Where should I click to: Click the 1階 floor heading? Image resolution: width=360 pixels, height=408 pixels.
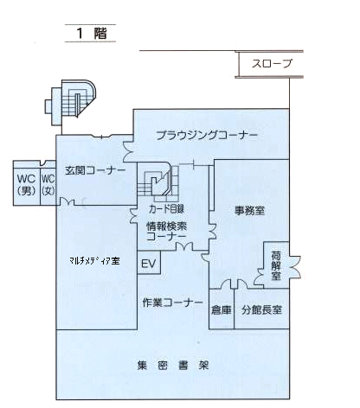[x=92, y=33]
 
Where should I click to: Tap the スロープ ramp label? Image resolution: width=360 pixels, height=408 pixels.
[x=272, y=64]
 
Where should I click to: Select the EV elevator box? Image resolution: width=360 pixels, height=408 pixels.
[x=149, y=262]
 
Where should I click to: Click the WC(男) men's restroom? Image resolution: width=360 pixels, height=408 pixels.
[x=27, y=183]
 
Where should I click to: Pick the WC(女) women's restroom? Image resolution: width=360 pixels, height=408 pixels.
[x=48, y=183]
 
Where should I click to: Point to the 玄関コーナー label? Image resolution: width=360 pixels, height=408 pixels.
[x=95, y=171]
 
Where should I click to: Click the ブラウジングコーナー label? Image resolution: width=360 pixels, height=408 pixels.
[x=207, y=135]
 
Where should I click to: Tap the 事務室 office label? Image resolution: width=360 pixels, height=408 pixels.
[x=249, y=211]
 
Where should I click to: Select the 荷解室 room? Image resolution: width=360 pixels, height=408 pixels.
[x=276, y=265]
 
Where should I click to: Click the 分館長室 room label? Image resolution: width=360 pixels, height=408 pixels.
[x=261, y=310]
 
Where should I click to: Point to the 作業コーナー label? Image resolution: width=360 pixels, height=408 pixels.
[x=172, y=303]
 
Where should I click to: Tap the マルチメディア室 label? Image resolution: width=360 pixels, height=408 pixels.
[x=94, y=261]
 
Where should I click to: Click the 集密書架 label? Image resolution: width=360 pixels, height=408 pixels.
[x=172, y=366]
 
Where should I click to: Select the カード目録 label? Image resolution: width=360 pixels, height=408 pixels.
[x=166, y=209]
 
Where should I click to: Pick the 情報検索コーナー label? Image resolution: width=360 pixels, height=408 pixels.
[x=166, y=232]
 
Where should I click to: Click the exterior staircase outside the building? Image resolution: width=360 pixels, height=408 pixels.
[x=70, y=103]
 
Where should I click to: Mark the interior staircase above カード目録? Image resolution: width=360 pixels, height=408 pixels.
[x=158, y=182]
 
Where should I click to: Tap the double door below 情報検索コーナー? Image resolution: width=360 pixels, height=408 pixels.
[x=184, y=246]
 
